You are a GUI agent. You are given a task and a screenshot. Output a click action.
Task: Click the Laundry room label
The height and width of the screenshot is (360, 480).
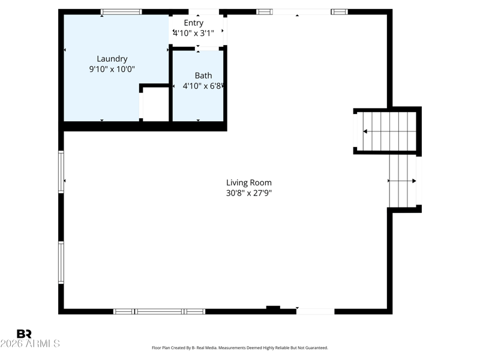[x=112, y=59]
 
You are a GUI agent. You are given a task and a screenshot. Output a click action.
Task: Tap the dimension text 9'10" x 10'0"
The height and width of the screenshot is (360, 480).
[x=112, y=69]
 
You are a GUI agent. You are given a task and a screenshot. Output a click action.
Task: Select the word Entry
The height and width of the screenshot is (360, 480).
[x=193, y=23]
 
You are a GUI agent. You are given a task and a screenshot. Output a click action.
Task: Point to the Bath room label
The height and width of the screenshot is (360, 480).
[x=203, y=76]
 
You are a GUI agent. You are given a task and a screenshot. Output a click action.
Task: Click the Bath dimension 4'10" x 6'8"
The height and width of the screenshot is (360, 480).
[x=203, y=86]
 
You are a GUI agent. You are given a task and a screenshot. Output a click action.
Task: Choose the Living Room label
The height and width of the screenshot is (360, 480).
[x=249, y=183]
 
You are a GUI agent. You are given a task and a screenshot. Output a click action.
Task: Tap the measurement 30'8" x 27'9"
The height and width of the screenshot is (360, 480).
[x=249, y=193]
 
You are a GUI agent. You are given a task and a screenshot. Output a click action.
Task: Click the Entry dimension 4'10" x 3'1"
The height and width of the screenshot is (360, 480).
[x=193, y=33]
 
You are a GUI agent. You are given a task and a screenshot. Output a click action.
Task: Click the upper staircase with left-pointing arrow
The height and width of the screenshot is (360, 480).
[x=387, y=131]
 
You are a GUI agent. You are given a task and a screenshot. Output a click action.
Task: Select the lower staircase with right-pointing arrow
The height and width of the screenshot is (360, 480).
[x=403, y=181]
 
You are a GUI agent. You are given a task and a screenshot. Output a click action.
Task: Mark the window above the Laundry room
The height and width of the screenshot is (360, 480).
[x=121, y=12]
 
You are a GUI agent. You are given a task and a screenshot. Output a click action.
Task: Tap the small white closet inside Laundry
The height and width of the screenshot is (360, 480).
[x=156, y=104]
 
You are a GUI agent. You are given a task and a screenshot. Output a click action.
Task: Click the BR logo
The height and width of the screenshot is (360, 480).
[x=24, y=334]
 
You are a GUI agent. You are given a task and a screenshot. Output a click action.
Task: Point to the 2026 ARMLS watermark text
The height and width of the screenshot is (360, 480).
[x=30, y=343]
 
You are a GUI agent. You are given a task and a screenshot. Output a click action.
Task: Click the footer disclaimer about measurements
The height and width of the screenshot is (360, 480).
[x=240, y=348]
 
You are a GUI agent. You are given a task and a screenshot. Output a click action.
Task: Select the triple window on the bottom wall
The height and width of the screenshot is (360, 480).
[x=159, y=311]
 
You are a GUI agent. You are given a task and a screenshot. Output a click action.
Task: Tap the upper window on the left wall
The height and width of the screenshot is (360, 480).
[x=61, y=172]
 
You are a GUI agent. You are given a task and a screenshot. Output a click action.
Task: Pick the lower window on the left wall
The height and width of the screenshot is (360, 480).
[x=61, y=263]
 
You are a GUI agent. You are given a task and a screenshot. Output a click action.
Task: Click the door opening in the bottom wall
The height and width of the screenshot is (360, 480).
[x=316, y=311]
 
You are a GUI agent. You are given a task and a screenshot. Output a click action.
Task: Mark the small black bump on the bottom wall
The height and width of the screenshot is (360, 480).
[x=273, y=308]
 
